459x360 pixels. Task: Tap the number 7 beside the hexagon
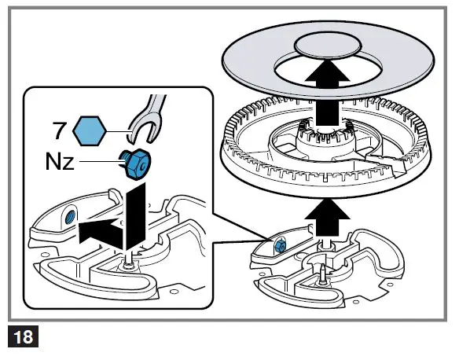(x=60, y=127)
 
